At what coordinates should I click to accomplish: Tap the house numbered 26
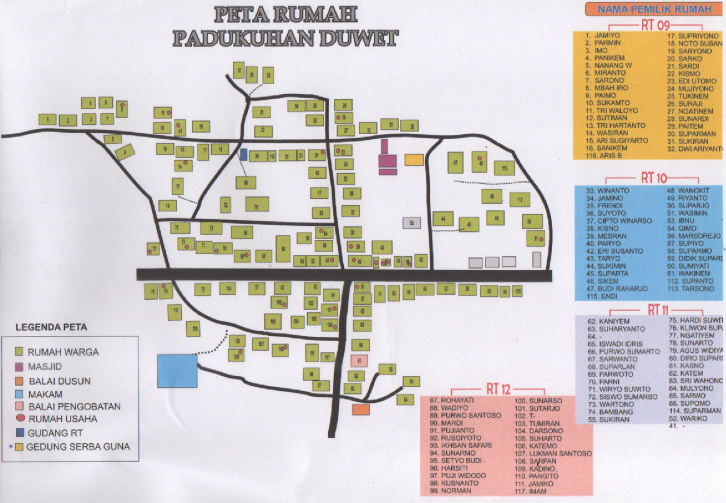(x=268, y=76)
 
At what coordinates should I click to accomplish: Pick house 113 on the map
(x=504, y=168)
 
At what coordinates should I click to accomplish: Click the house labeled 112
(x=519, y=199)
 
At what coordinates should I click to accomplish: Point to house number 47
(x=456, y=163)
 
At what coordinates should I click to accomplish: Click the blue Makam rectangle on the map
(x=177, y=371)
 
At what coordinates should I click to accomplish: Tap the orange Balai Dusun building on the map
(x=361, y=410)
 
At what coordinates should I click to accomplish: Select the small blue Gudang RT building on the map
(x=243, y=153)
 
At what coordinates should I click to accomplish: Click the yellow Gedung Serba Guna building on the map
(x=414, y=159)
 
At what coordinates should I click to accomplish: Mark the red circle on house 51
(x=542, y=239)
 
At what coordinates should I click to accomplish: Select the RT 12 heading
(x=500, y=390)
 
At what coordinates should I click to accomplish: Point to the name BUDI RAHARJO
(x=623, y=289)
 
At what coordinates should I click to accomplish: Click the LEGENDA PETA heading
(x=51, y=327)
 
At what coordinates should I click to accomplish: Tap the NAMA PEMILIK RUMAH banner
(x=654, y=9)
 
